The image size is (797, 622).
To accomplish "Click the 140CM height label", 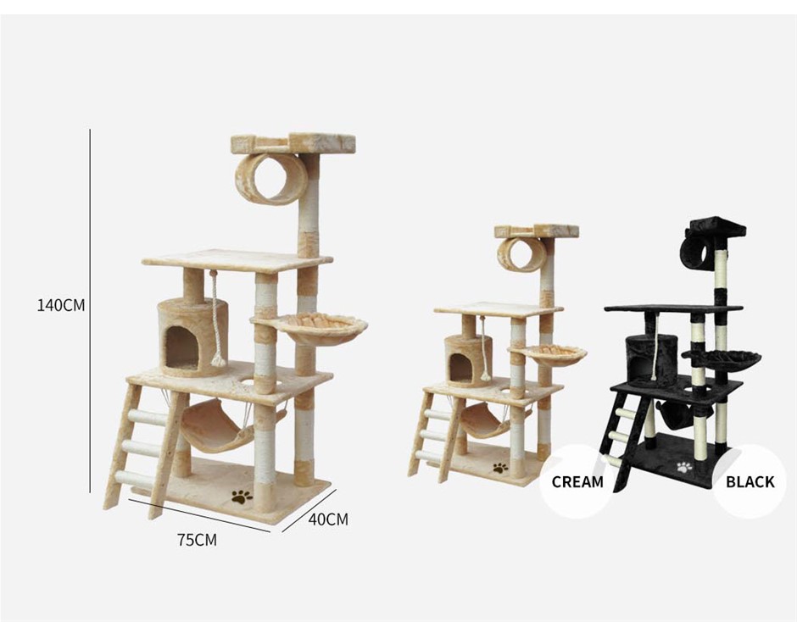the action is click(61, 305).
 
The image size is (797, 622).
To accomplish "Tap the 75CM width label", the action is click(197, 540).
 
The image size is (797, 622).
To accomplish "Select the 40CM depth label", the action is click(328, 519).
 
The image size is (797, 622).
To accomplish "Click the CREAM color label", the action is click(577, 481).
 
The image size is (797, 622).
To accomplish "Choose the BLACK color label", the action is click(750, 481).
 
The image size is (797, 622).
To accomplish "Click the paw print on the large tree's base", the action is click(242, 497).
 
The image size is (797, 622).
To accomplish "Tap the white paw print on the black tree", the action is click(685, 467).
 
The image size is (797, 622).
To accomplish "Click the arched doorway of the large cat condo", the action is click(182, 347).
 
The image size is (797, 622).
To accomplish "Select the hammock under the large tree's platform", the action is click(219, 425).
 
